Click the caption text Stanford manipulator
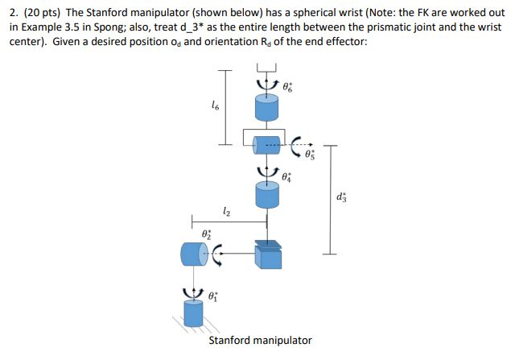tap(260, 340)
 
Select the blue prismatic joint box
tap(266, 255)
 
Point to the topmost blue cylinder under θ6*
tap(266, 108)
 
